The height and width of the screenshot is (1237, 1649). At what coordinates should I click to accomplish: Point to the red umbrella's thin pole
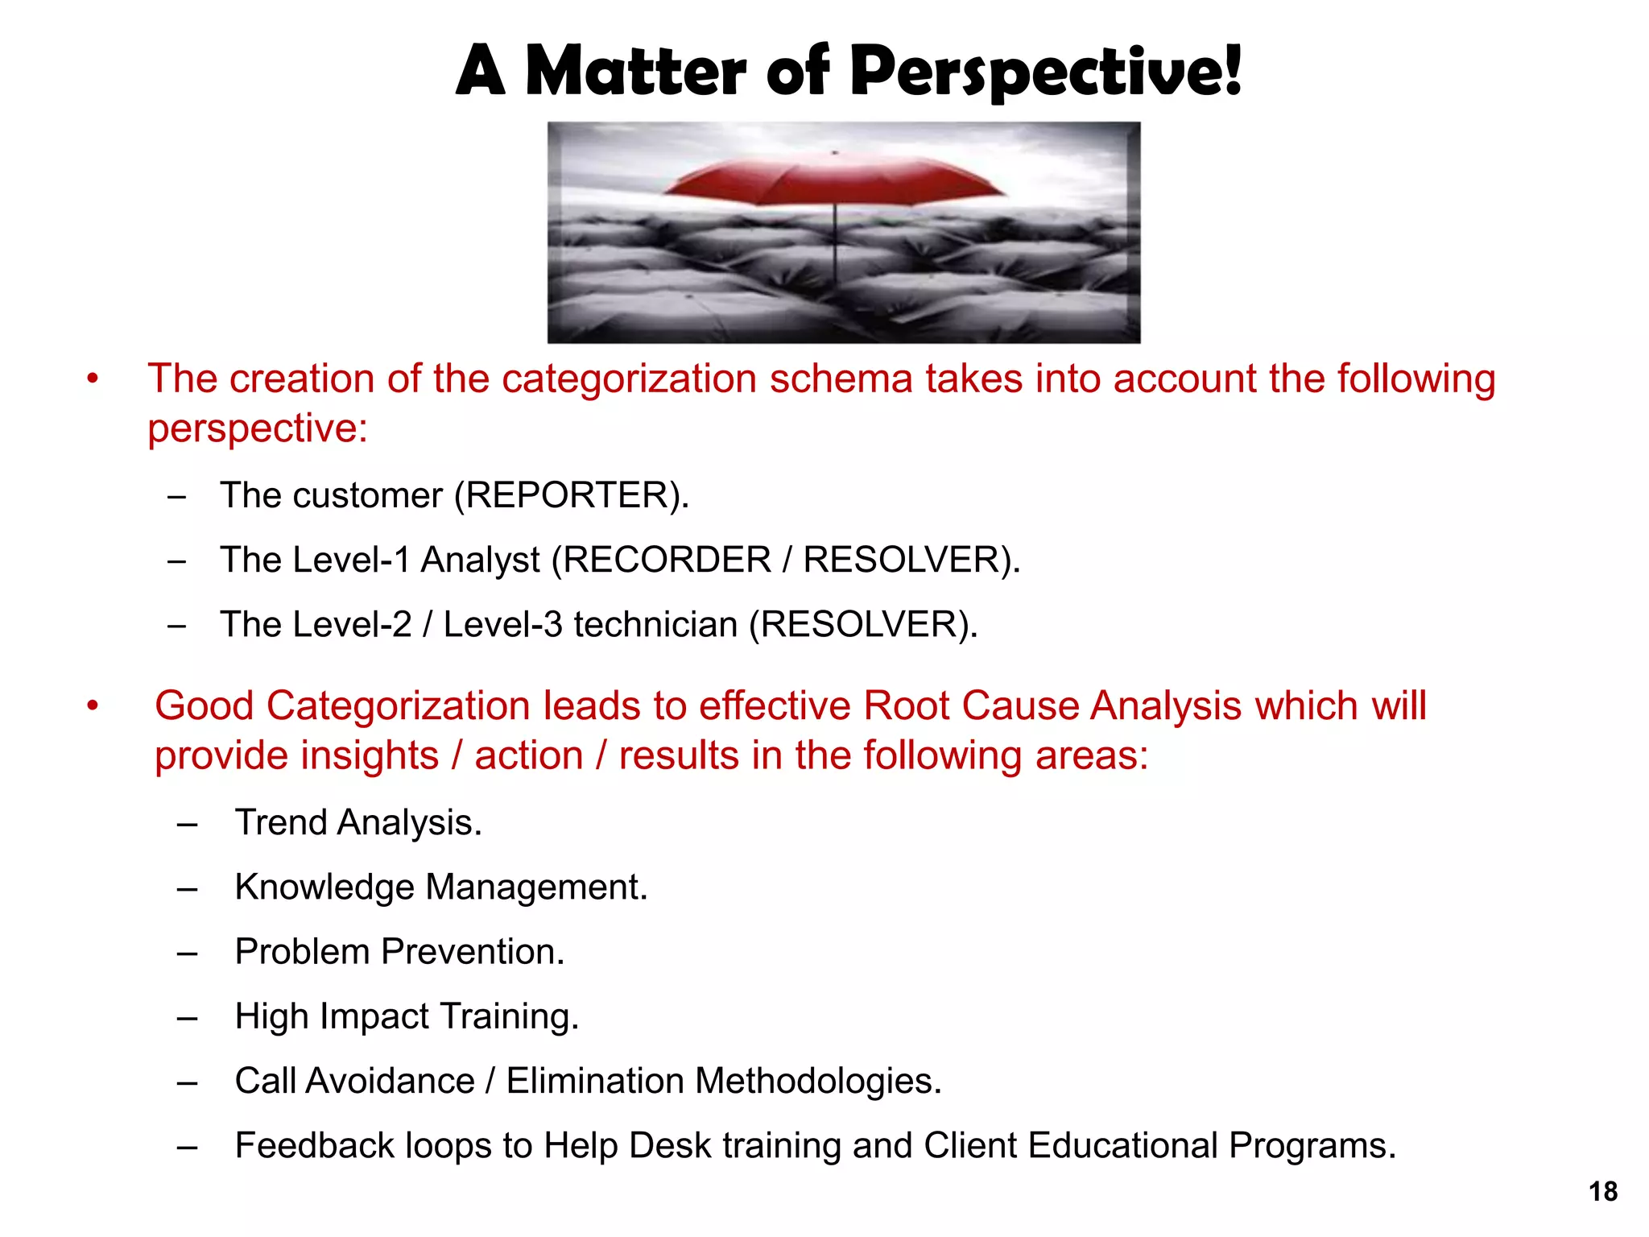835,242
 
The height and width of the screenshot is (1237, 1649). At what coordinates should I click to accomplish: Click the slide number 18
1602,1191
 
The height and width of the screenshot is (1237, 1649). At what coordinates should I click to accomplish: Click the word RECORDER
667,560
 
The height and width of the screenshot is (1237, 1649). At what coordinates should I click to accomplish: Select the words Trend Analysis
357,822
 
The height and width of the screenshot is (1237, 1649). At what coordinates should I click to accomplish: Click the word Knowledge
324,887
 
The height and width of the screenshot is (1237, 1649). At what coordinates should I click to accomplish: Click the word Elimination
594,1081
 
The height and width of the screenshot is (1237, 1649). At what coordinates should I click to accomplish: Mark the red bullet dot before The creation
93,379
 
